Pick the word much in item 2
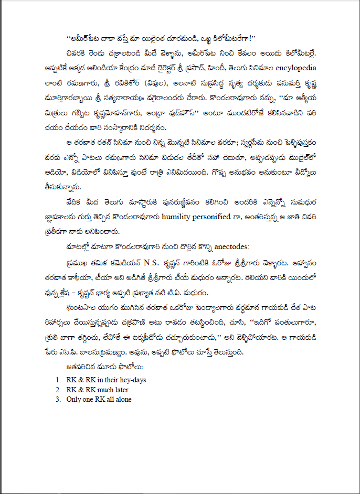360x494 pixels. click(105, 390)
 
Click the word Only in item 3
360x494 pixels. click(73, 400)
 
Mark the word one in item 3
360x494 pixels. click(87, 400)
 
